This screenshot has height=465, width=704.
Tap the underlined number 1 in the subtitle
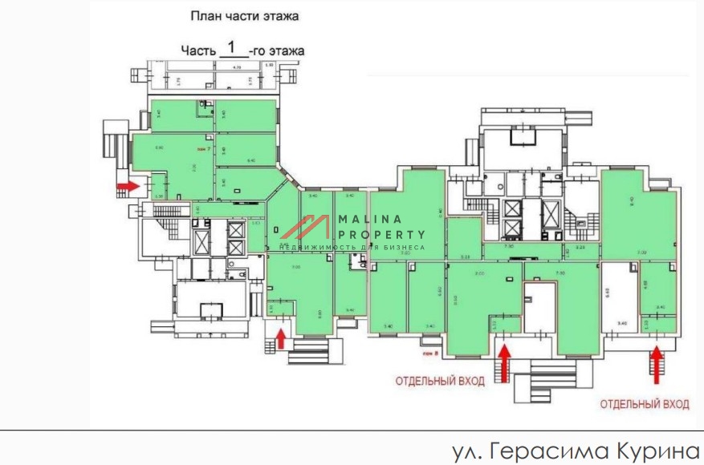point(232,47)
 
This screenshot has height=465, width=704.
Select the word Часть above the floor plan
point(198,51)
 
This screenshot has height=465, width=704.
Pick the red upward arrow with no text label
point(281,337)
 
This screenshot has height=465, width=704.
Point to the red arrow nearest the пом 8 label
point(504,360)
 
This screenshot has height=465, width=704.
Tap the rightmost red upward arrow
point(657,360)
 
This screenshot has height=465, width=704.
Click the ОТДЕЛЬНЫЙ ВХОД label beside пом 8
point(439,381)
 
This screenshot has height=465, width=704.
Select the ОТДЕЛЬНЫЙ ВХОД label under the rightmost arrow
point(644,405)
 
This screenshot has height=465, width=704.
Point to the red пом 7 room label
point(204,149)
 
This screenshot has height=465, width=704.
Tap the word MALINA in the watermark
point(366,220)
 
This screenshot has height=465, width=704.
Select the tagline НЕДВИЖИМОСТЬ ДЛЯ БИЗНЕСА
point(352,248)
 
